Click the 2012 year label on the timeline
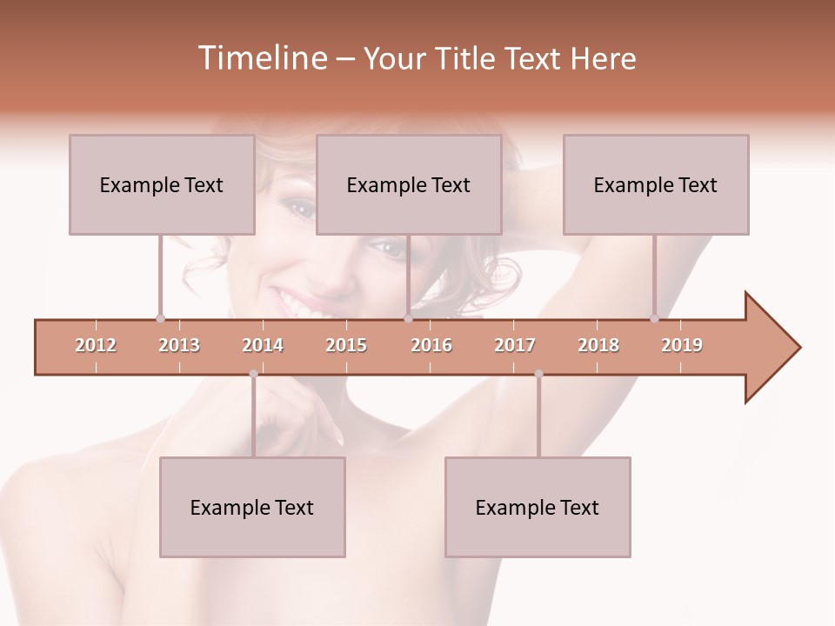96,345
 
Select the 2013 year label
179,345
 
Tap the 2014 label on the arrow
263,345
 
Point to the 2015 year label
346,345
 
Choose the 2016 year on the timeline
431,345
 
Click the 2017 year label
515,345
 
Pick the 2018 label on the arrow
598,345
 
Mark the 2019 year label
682,345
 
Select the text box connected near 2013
162,184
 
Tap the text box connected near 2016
409,184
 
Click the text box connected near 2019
656,184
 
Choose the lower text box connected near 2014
252,507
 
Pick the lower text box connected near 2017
538,507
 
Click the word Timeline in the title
261,58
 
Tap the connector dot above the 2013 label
160,318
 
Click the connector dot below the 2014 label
253,374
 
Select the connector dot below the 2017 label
538,374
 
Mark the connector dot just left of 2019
654,318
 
